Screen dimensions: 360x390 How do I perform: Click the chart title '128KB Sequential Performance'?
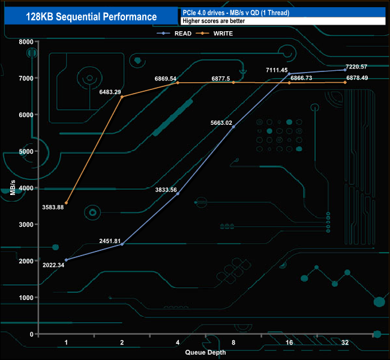pos(91,17)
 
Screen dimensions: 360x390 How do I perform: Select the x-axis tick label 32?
pos(345,343)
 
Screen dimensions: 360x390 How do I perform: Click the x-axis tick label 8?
pos(233,343)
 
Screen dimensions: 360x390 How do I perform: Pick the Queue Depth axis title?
pos(206,352)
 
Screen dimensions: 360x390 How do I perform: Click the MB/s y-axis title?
pos(14,188)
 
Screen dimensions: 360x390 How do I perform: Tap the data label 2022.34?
pos(54,265)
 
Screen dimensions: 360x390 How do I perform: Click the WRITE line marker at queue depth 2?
pos(122,97)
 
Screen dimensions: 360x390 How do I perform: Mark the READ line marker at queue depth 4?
pos(178,194)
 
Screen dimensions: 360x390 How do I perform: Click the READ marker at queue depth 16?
pos(289,74)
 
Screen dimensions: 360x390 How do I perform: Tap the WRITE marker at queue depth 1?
pos(66,203)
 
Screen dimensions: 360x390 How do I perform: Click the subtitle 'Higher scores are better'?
pos(213,22)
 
